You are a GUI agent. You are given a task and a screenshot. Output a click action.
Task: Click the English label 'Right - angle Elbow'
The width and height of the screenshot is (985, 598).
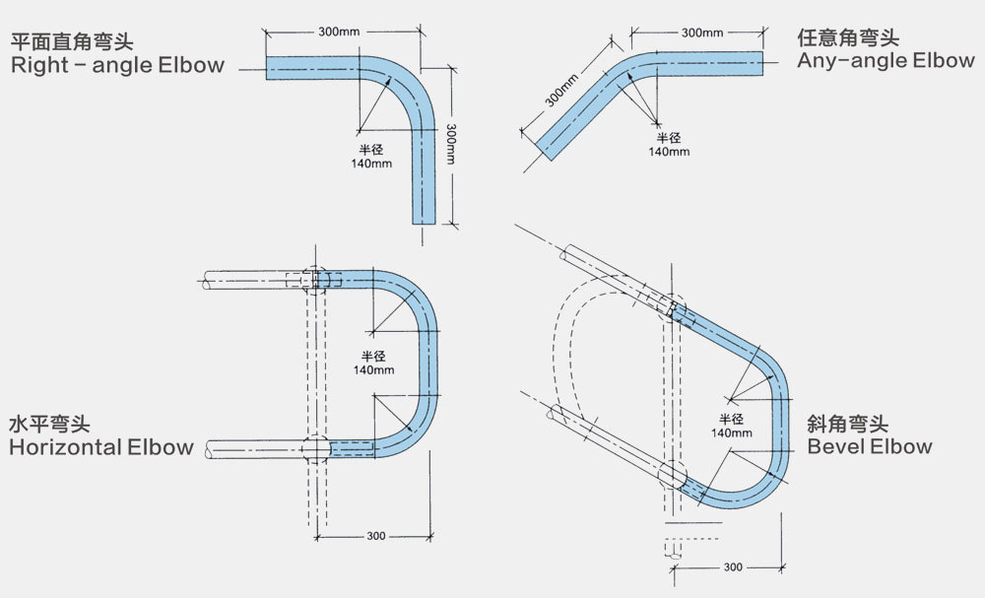[117, 65]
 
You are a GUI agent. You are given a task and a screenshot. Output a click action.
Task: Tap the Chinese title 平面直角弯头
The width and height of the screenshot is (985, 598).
[72, 42]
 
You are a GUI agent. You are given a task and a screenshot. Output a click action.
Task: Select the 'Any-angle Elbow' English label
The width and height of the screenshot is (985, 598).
[886, 60]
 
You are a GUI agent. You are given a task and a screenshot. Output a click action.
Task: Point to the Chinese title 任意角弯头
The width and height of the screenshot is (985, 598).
[848, 37]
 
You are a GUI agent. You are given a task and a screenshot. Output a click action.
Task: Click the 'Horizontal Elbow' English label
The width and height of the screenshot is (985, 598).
[101, 447]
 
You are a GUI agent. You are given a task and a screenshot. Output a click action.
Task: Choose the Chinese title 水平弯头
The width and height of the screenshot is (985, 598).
[49, 424]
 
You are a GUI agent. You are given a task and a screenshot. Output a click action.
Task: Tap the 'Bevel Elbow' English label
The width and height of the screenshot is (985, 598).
[870, 446]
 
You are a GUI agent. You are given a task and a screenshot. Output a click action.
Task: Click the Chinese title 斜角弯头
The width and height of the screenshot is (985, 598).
[848, 424]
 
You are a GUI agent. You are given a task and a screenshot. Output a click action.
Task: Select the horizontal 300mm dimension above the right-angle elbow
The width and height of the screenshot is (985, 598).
[339, 32]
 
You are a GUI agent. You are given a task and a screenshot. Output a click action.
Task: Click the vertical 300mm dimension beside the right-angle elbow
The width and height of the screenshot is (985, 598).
[451, 144]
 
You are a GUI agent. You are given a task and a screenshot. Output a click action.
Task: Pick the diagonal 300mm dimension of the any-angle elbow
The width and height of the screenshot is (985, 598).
[561, 91]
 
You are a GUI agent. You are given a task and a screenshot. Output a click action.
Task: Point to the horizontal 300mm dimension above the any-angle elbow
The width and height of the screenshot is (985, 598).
[702, 33]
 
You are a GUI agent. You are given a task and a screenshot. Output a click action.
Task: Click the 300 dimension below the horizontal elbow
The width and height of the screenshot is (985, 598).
[376, 536]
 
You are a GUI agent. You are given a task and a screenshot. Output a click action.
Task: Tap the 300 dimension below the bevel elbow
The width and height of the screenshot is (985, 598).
[733, 567]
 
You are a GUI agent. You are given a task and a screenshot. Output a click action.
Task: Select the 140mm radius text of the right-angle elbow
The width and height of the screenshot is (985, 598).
[371, 164]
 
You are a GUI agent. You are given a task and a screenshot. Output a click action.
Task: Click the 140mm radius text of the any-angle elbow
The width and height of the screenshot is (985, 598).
[669, 152]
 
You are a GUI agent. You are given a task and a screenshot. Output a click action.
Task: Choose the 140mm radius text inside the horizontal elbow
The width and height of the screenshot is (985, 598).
[373, 370]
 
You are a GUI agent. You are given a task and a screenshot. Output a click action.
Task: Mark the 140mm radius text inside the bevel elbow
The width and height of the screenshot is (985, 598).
[731, 432]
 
